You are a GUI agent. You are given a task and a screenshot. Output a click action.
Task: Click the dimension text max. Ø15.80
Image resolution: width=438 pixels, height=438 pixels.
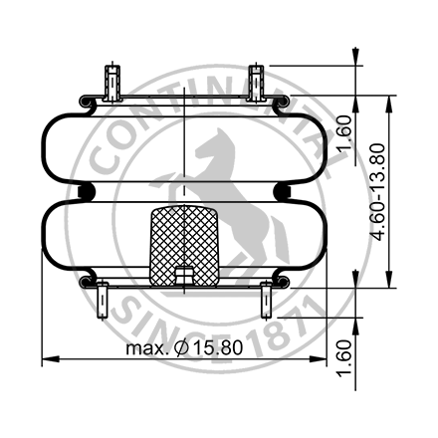point(184,349)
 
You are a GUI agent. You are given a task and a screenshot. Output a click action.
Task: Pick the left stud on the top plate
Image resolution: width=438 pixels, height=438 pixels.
point(111,81)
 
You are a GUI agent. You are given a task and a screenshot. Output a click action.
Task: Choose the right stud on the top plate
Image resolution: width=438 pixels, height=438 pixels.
point(257,81)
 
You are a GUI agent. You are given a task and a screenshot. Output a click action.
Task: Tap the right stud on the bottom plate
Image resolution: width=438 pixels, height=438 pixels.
point(266,298)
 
